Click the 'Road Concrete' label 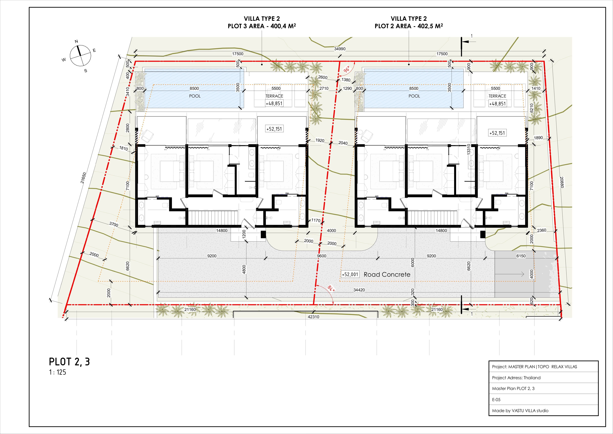click(x=387, y=274)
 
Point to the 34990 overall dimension click(x=340, y=49)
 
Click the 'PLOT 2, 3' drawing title click(x=69, y=362)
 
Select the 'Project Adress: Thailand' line click(x=516, y=378)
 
